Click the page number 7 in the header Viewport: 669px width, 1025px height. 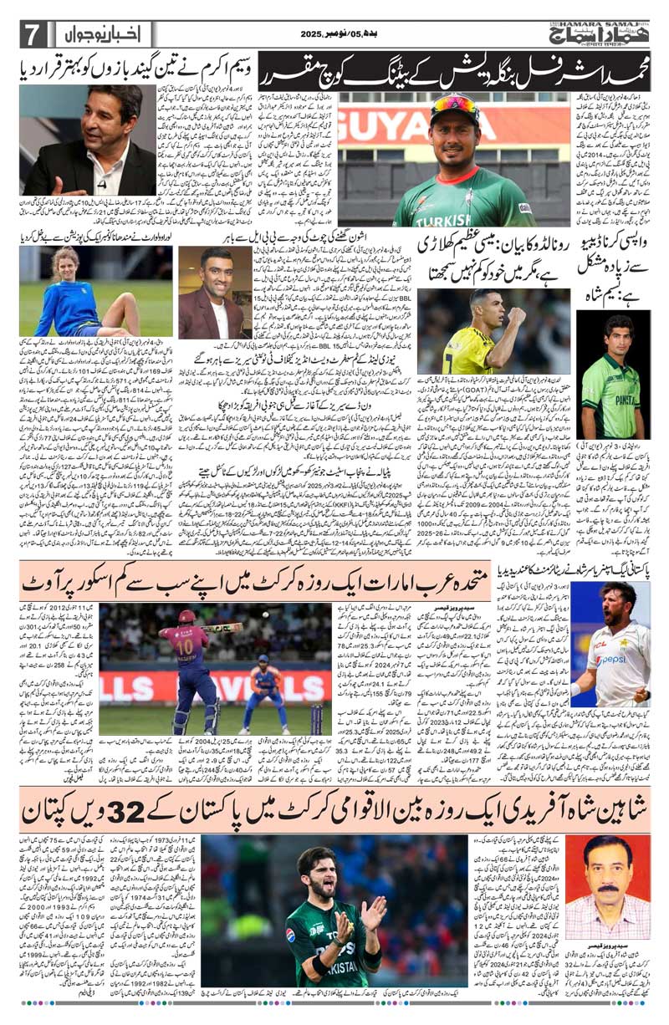pyautogui.click(x=32, y=34)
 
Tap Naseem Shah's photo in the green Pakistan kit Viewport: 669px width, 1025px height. pyautogui.click(x=611, y=372)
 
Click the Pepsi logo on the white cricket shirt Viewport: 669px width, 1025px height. pyautogui.click(x=616, y=658)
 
